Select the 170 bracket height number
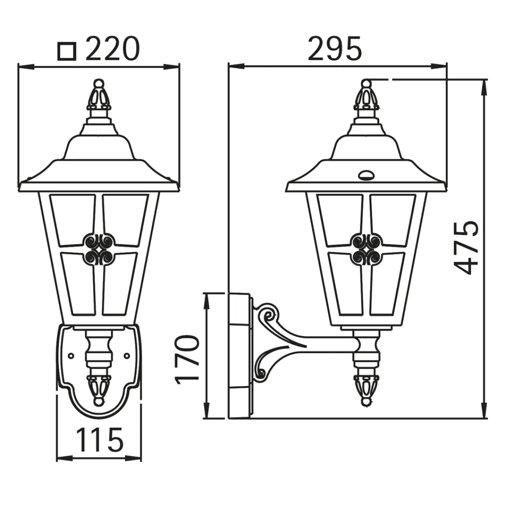click(x=186, y=358)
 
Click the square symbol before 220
click(x=67, y=51)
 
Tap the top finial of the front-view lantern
click(x=98, y=95)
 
